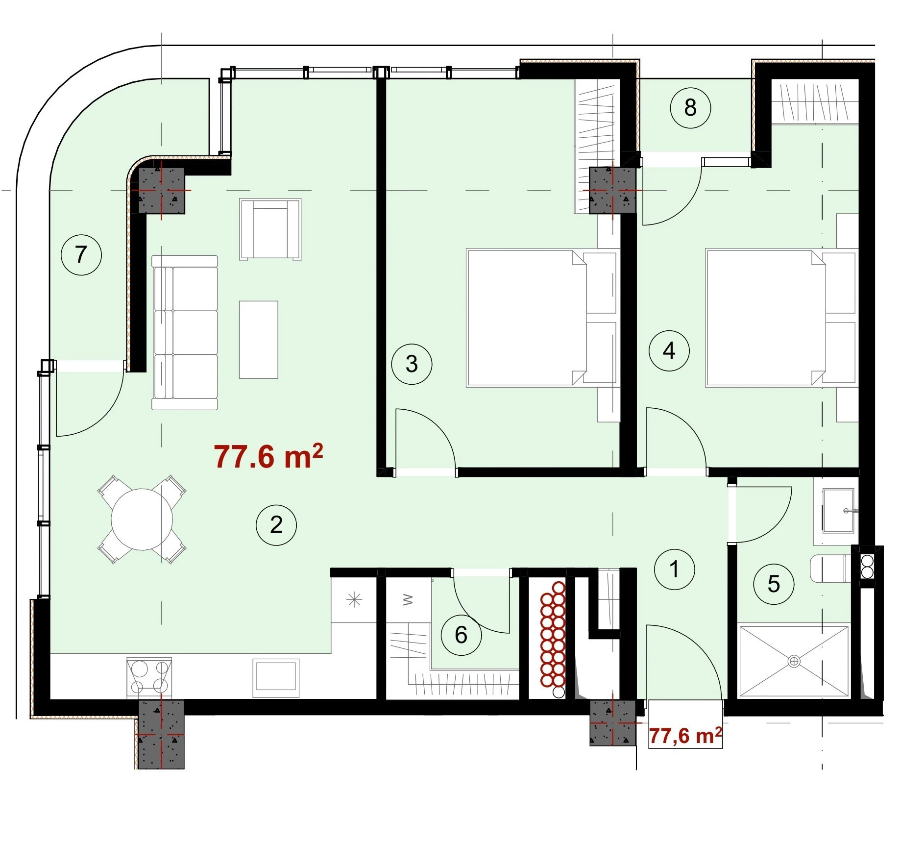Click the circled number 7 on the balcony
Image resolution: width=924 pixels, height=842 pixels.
click(81, 255)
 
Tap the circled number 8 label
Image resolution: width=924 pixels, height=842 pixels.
click(690, 108)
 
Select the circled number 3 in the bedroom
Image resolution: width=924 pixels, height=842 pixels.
click(412, 364)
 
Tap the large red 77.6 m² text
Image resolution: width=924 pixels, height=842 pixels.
click(268, 456)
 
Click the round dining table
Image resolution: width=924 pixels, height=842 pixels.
click(142, 520)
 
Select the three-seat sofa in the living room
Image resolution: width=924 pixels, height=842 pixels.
click(184, 332)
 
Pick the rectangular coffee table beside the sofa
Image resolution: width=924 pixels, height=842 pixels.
click(259, 340)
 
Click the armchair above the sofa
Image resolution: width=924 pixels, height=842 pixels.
click(270, 229)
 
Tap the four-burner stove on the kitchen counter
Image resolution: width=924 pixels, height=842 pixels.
click(149, 678)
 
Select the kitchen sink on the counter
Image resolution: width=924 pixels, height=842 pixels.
click(276, 678)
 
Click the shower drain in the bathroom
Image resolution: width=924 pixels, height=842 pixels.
click(794, 661)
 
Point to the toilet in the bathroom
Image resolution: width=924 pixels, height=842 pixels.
click(831, 569)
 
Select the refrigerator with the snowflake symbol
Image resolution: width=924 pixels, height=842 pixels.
click(354, 600)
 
